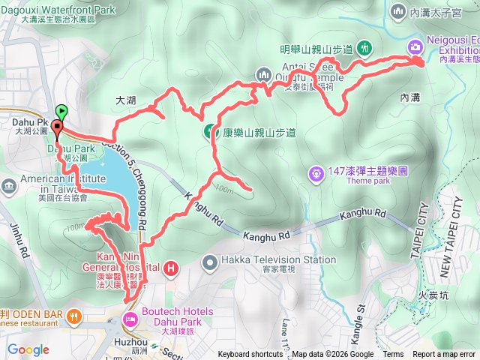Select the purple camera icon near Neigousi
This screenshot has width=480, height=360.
tap(415, 47)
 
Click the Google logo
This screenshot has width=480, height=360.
tap(28, 349)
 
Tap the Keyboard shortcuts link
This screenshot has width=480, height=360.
tap(250, 355)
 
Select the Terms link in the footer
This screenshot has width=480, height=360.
tap(393, 355)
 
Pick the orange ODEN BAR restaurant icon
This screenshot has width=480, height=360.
tap(73, 315)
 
